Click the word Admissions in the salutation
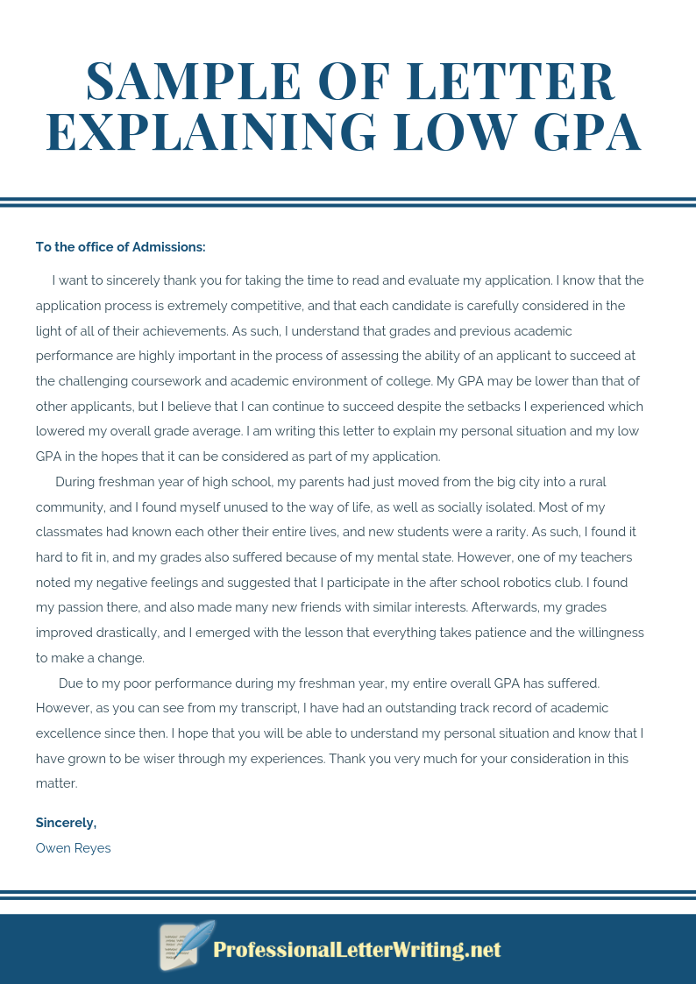point(168,247)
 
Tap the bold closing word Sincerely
point(66,823)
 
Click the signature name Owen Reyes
point(74,848)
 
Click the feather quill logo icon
point(186,946)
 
